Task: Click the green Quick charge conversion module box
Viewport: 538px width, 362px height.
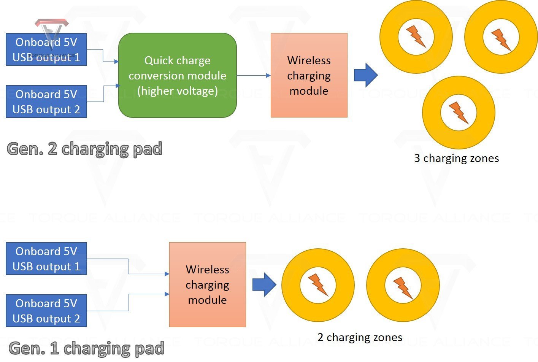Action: [x=178, y=75]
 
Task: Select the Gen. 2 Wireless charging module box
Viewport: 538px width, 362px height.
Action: [x=309, y=75]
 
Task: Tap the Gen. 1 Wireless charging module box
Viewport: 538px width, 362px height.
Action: [x=207, y=284]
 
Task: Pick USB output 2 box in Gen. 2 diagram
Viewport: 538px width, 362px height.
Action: [x=46, y=102]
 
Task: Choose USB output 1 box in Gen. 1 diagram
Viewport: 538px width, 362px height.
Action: [x=46, y=259]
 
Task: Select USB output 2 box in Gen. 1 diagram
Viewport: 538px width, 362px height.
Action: [x=46, y=311]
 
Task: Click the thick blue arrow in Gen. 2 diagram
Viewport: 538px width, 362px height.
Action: [x=365, y=75]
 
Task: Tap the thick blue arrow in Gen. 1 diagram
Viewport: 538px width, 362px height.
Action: [x=264, y=284]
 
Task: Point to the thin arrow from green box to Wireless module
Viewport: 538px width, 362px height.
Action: [x=253, y=75]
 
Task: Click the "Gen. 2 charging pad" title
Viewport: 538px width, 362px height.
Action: [x=84, y=149]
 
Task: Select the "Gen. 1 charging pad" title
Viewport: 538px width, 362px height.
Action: [x=86, y=348]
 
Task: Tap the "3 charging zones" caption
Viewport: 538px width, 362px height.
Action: [x=456, y=158]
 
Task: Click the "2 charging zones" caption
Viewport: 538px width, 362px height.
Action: [x=360, y=337]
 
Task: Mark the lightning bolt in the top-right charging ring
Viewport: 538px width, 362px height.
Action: [x=501, y=39]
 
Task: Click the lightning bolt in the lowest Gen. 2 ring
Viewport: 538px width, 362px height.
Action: [x=459, y=113]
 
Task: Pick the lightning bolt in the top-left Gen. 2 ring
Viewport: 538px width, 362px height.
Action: [x=416, y=37]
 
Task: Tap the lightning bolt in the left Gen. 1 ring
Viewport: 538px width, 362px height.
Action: [x=318, y=284]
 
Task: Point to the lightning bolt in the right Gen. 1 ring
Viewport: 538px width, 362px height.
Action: [x=403, y=288]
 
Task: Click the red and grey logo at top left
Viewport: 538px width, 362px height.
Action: [x=52, y=29]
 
